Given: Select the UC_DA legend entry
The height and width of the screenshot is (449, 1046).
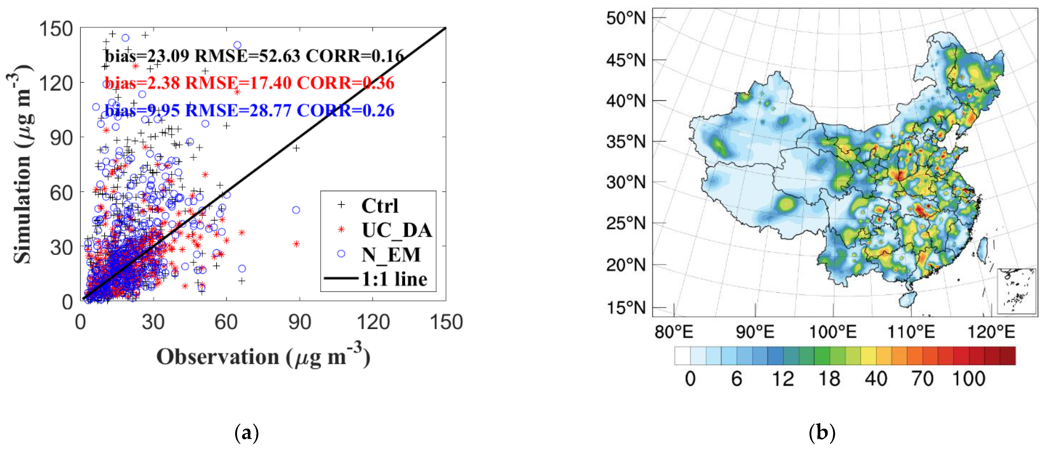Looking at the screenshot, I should [x=396, y=230].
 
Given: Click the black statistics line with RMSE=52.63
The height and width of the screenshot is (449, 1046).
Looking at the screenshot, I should [x=254, y=56].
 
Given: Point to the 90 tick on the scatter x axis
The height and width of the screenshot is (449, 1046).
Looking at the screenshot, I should [x=299, y=322].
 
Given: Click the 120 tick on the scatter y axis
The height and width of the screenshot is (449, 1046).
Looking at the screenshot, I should [x=56, y=83].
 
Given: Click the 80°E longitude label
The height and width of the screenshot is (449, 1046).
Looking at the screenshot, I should [x=674, y=332].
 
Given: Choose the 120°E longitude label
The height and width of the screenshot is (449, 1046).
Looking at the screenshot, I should [x=991, y=332].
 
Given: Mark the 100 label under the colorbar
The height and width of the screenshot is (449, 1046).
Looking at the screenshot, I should [x=969, y=379].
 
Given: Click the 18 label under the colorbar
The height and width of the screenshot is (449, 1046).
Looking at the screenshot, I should [x=829, y=379].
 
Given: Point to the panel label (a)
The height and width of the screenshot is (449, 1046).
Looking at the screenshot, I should [x=247, y=434].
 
